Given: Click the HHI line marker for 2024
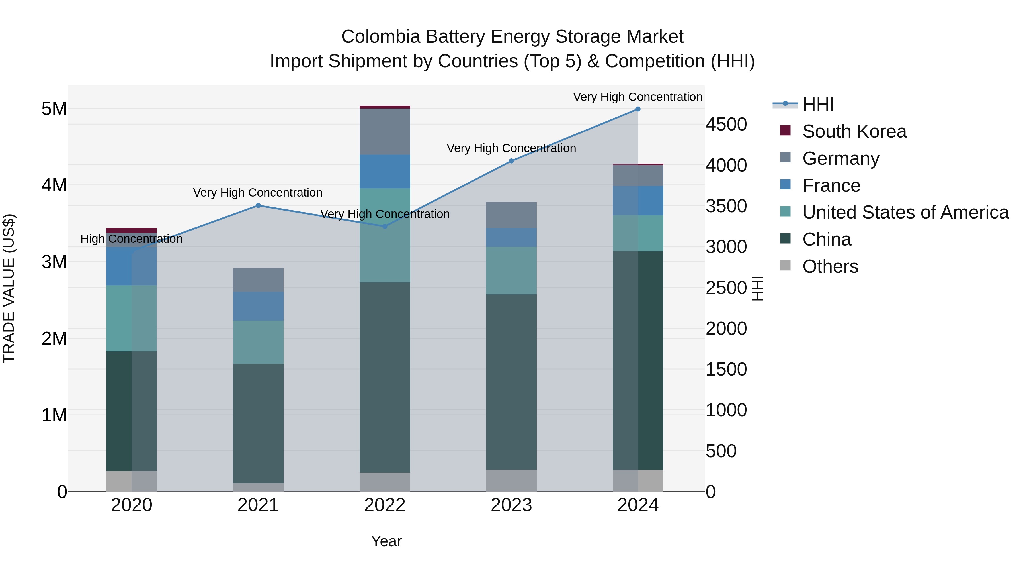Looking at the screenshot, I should click(638, 109).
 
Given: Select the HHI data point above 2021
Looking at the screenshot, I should click(258, 205).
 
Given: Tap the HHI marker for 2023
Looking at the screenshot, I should click(511, 161).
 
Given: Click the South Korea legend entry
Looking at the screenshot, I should click(854, 131).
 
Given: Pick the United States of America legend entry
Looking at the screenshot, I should click(905, 212).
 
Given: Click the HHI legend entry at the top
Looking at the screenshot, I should click(818, 104).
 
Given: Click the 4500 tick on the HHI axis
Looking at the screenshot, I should click(726, 124).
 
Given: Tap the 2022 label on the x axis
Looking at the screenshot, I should click(384, 505).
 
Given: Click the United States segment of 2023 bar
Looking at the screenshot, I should click(511, 270).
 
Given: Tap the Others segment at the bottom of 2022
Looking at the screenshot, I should click(384, 482).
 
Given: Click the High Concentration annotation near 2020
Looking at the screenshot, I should click(131, 239).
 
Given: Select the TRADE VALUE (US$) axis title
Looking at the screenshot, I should click(9, 288).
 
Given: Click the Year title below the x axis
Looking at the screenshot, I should click(386, 541).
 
